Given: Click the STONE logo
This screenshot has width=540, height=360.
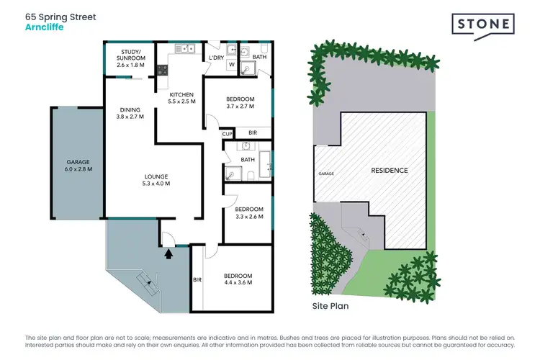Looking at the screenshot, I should point(483,24).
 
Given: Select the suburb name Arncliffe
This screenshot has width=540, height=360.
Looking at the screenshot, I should point(42,27).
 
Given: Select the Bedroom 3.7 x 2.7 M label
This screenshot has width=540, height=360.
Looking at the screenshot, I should point(238,103).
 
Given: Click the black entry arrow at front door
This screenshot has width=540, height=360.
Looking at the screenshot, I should point(169,253).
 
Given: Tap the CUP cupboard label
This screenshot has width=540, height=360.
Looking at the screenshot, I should point(227,134).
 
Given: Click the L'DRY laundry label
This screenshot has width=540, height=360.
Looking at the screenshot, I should point(217,58).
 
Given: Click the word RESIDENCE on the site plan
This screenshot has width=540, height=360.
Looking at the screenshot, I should point(389,171).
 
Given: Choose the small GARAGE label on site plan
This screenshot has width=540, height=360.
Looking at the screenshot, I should point(326,174).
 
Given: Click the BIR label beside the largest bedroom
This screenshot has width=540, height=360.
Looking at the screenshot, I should point(197,280).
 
